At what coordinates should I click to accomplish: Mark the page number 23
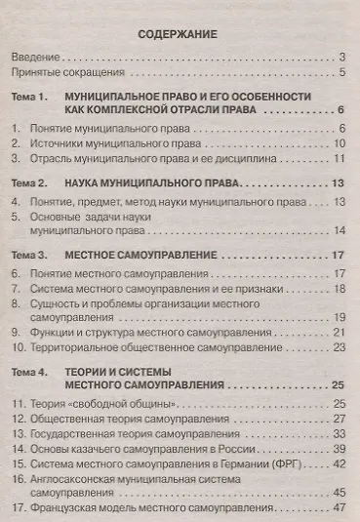point(340,347)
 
